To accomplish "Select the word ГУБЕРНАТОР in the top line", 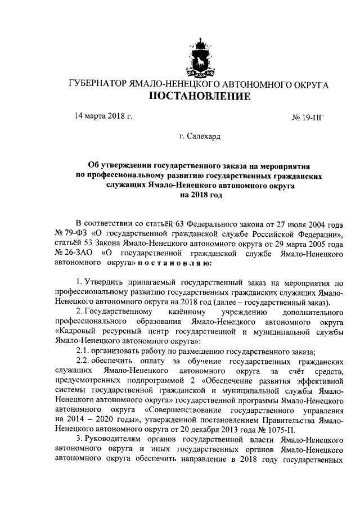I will [x=97, y=84].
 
